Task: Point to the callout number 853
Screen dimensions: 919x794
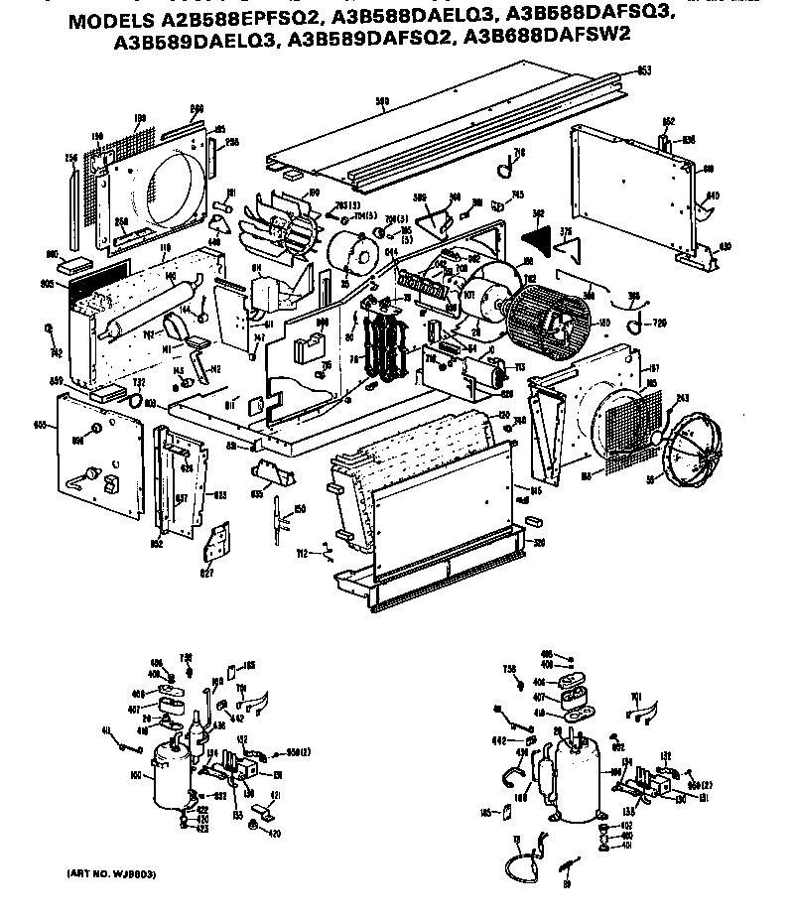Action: coord(643,71)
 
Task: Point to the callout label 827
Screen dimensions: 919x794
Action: coord(206,572)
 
